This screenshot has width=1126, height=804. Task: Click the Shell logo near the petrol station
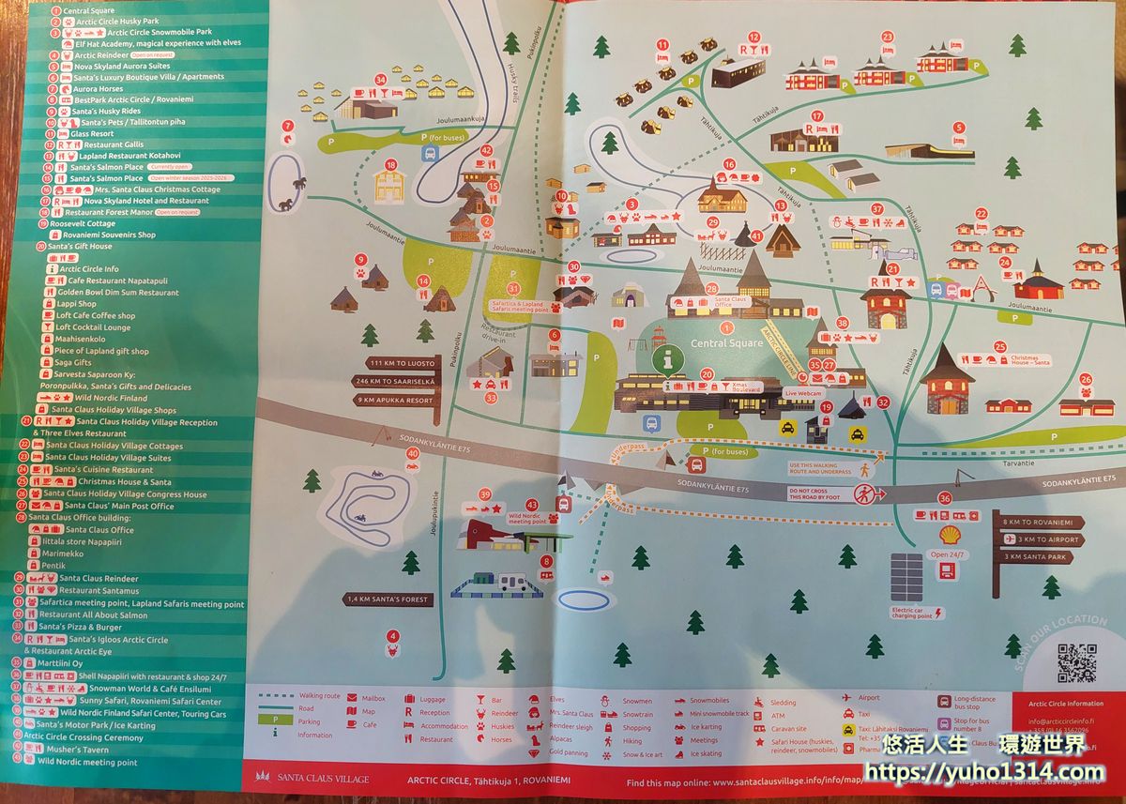pyautogui.click(x=951, y=535)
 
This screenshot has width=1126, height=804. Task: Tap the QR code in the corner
pyautogui.click(x=1076, y=662)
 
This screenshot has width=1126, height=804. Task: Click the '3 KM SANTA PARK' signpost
pyautogui.click(x=1039, y=556)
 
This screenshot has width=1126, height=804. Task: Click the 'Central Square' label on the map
pyautogui.click(x=727, y=343)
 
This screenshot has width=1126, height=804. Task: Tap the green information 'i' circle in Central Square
pyautogui.click(x=668, y=358)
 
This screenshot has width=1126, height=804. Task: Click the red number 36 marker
pyautogui.click(x=944, y=497)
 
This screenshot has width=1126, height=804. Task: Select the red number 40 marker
pyautogui.click(x=413, y=453)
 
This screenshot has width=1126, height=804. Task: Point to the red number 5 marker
pyautogui.click(x=959, y=127)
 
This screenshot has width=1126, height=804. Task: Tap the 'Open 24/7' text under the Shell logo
pyautogui.click(x=951, y=554)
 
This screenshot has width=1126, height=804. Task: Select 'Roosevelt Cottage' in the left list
pyautogui.click(x=76, y=223)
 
